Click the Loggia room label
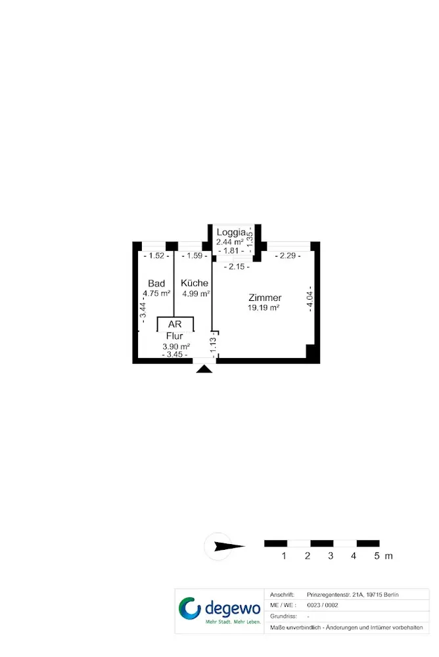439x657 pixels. tap(231, 233)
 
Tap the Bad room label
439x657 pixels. tap(156, 283)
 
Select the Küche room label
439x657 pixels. tap(195, 283)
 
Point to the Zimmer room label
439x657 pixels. tap(265, 298)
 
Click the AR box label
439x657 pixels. tap(175, 325)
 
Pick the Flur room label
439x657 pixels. tap(175, 336)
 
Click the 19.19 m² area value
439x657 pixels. tap(264, 307)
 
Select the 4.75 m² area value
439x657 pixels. tap(158, 294)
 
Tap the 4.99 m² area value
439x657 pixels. tap(196, 294)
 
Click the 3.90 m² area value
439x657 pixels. tap(176, 346)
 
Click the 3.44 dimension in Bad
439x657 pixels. tap(143, 307)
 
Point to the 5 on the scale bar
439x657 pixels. tap(377, 556)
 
